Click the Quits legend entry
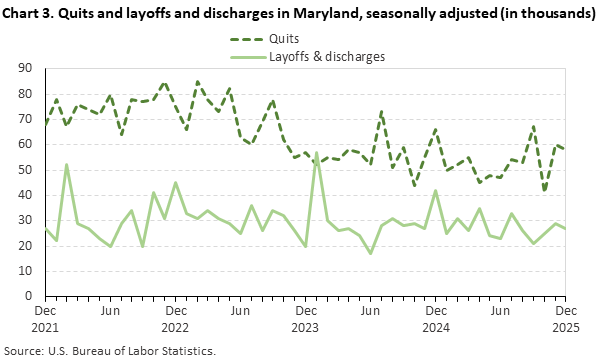tap(290, 38)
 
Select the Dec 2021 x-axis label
tap(45, 318)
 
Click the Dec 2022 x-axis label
tap(176, 318)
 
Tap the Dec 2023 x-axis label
tap(306, 318)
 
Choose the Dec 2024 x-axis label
tap(436, 318)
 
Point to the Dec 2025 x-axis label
tap(566, 318)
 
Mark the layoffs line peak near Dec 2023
tap(317, 153)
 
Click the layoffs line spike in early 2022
tap(67, 164)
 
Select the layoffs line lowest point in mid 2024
tap(371, 253)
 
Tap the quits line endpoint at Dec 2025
tap(566, 150)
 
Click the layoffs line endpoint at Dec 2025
tap(566, 228)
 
